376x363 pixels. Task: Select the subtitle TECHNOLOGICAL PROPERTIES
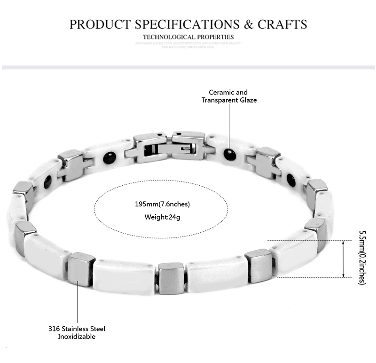coord(188,37)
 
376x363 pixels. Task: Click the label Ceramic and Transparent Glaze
coord(229,96)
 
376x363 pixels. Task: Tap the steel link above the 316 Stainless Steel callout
coord(82,268)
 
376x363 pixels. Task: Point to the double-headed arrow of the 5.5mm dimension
coord(343,258)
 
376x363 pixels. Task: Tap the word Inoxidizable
coord(77,337)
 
